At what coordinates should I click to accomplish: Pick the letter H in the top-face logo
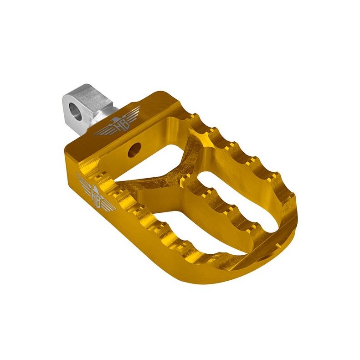point(116,124)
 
